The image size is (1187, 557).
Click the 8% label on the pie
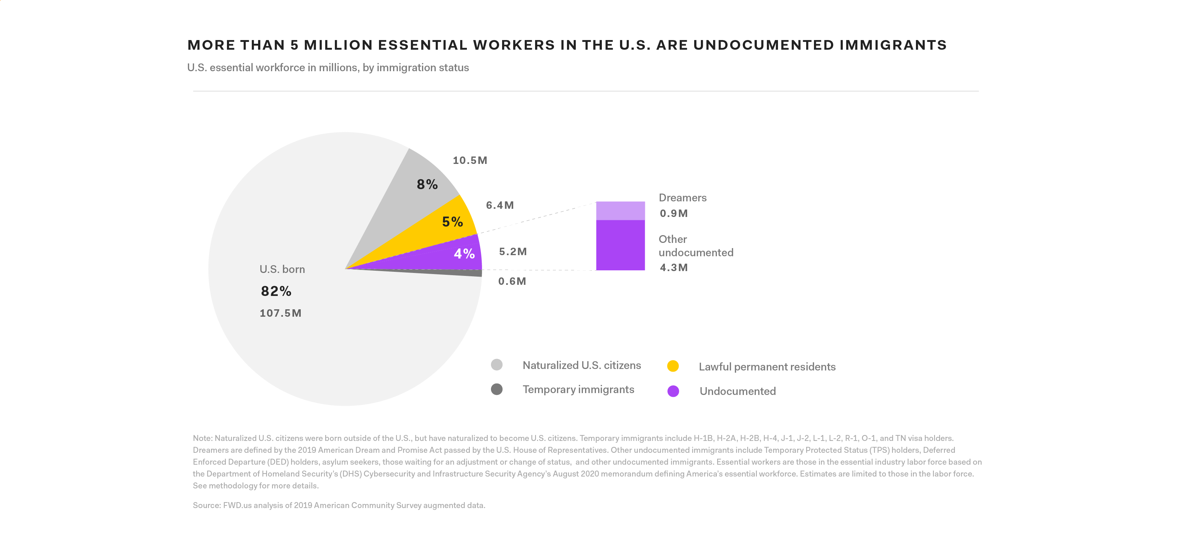[427, 184]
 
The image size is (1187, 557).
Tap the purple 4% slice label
[464, 253]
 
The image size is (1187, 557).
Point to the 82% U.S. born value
[276, 291]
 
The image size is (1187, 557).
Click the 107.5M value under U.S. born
[280, 313]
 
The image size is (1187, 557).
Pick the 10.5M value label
[469, 160]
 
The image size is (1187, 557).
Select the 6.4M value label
[499, 205]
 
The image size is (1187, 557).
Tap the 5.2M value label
[512, 251]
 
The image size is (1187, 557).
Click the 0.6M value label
[511, 281]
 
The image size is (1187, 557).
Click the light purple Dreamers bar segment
[620, 211]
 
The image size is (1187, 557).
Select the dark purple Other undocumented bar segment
[620, 245]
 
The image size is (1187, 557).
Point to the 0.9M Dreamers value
[673, 213]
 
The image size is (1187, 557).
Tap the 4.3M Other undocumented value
[673, 268]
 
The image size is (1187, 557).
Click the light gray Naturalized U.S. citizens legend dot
[496, 365]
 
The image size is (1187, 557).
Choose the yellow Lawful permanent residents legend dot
[673, 366]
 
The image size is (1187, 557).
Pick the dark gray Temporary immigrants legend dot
[496, 389]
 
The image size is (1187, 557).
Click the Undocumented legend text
[737, 391]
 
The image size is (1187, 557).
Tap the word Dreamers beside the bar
[682, 198]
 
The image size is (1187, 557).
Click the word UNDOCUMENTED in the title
[764, 45]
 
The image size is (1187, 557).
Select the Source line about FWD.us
[339, 505]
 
